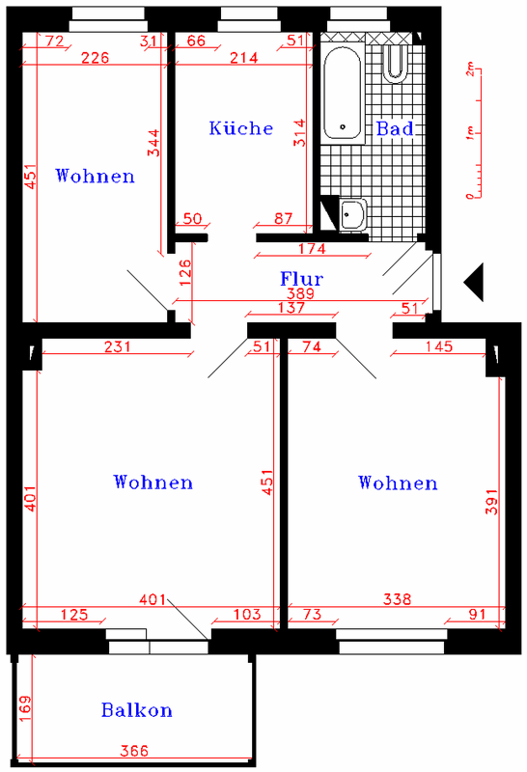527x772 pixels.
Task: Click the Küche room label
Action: point(241,128)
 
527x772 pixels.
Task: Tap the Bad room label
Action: point(395,128)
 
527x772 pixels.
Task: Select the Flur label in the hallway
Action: point(301,279)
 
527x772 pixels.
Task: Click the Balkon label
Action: point(137,710)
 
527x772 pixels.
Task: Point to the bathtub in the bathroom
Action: point(343,93)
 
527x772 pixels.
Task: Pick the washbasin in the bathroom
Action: point(352,214)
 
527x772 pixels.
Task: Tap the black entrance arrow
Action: point(474,282)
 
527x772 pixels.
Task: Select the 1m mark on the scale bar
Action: point(469,133)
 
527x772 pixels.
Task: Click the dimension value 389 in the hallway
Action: point(300,293)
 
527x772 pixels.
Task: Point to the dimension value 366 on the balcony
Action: point(134,751)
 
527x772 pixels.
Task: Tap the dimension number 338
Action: point(397,598)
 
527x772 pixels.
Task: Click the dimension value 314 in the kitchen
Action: point(299,133)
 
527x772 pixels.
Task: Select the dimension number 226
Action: point(95,58)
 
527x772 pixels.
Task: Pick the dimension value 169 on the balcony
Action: point(25,708)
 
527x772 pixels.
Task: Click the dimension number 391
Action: point(492,502)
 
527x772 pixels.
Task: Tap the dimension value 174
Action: point(312,248)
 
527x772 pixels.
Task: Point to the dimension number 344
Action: point(153,143)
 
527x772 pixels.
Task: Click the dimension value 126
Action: point(185,273)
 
